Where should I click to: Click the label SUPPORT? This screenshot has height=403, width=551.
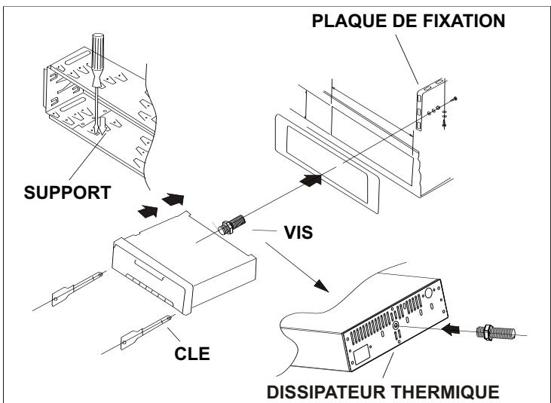(68, 192)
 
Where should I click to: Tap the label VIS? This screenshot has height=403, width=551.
(298, 233)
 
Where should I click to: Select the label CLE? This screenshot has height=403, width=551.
(192, 353)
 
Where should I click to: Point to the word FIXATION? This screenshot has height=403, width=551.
(464, 20)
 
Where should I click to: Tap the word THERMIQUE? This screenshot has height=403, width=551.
(445, 392)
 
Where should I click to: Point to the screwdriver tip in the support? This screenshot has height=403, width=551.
(98, 132)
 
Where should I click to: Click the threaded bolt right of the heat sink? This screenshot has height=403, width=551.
(495, 332)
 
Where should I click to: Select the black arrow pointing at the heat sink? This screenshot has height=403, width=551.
(451, 329)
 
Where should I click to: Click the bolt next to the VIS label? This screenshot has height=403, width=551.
(231, 224)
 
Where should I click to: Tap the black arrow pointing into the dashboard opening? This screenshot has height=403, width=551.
(311, 180)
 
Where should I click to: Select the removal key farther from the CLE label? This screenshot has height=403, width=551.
(77, 289)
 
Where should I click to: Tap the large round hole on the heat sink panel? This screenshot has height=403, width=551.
(429, 293)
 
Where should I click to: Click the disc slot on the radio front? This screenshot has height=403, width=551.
(148, 270)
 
